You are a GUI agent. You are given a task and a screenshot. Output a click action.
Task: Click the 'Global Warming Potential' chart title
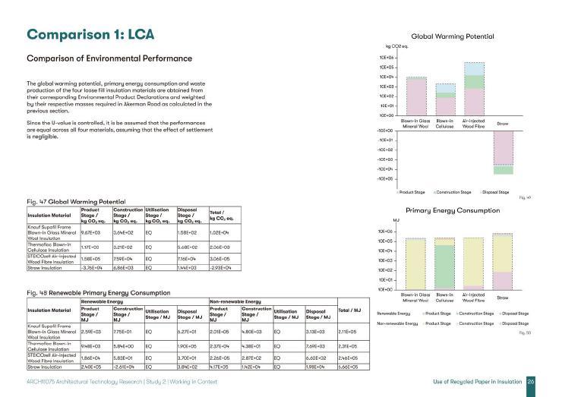(452, 36)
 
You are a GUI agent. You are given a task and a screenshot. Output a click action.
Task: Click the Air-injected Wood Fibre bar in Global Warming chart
(474, 88)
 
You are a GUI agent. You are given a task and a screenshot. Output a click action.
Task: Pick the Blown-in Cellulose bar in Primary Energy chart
(445, 263)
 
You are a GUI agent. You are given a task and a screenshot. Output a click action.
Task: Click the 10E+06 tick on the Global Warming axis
(387, 58)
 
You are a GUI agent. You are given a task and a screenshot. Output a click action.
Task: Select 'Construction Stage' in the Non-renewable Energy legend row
(475, 324)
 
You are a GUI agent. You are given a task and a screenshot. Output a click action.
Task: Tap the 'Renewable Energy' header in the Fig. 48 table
(99, 301)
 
